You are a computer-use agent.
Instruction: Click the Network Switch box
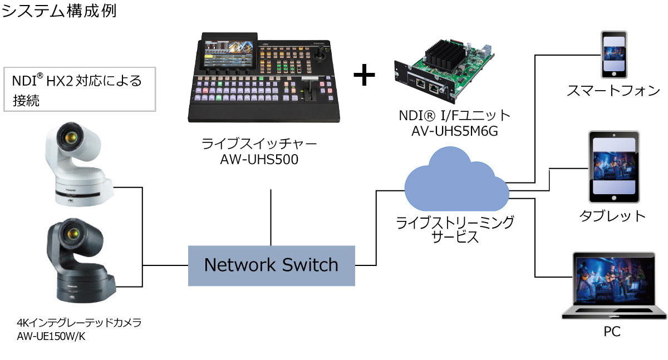point(271,264)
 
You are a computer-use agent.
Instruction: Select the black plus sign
point(364,76)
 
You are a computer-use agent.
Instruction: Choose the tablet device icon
point(614,166)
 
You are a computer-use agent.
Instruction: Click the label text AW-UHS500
point(259,160)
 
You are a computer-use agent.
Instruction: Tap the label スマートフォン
point(613,91)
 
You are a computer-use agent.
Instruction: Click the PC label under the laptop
point(612,332)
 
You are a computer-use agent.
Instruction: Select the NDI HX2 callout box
point(78,88)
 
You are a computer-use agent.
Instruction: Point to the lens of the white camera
point(71,139)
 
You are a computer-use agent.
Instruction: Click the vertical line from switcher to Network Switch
point(271,217)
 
